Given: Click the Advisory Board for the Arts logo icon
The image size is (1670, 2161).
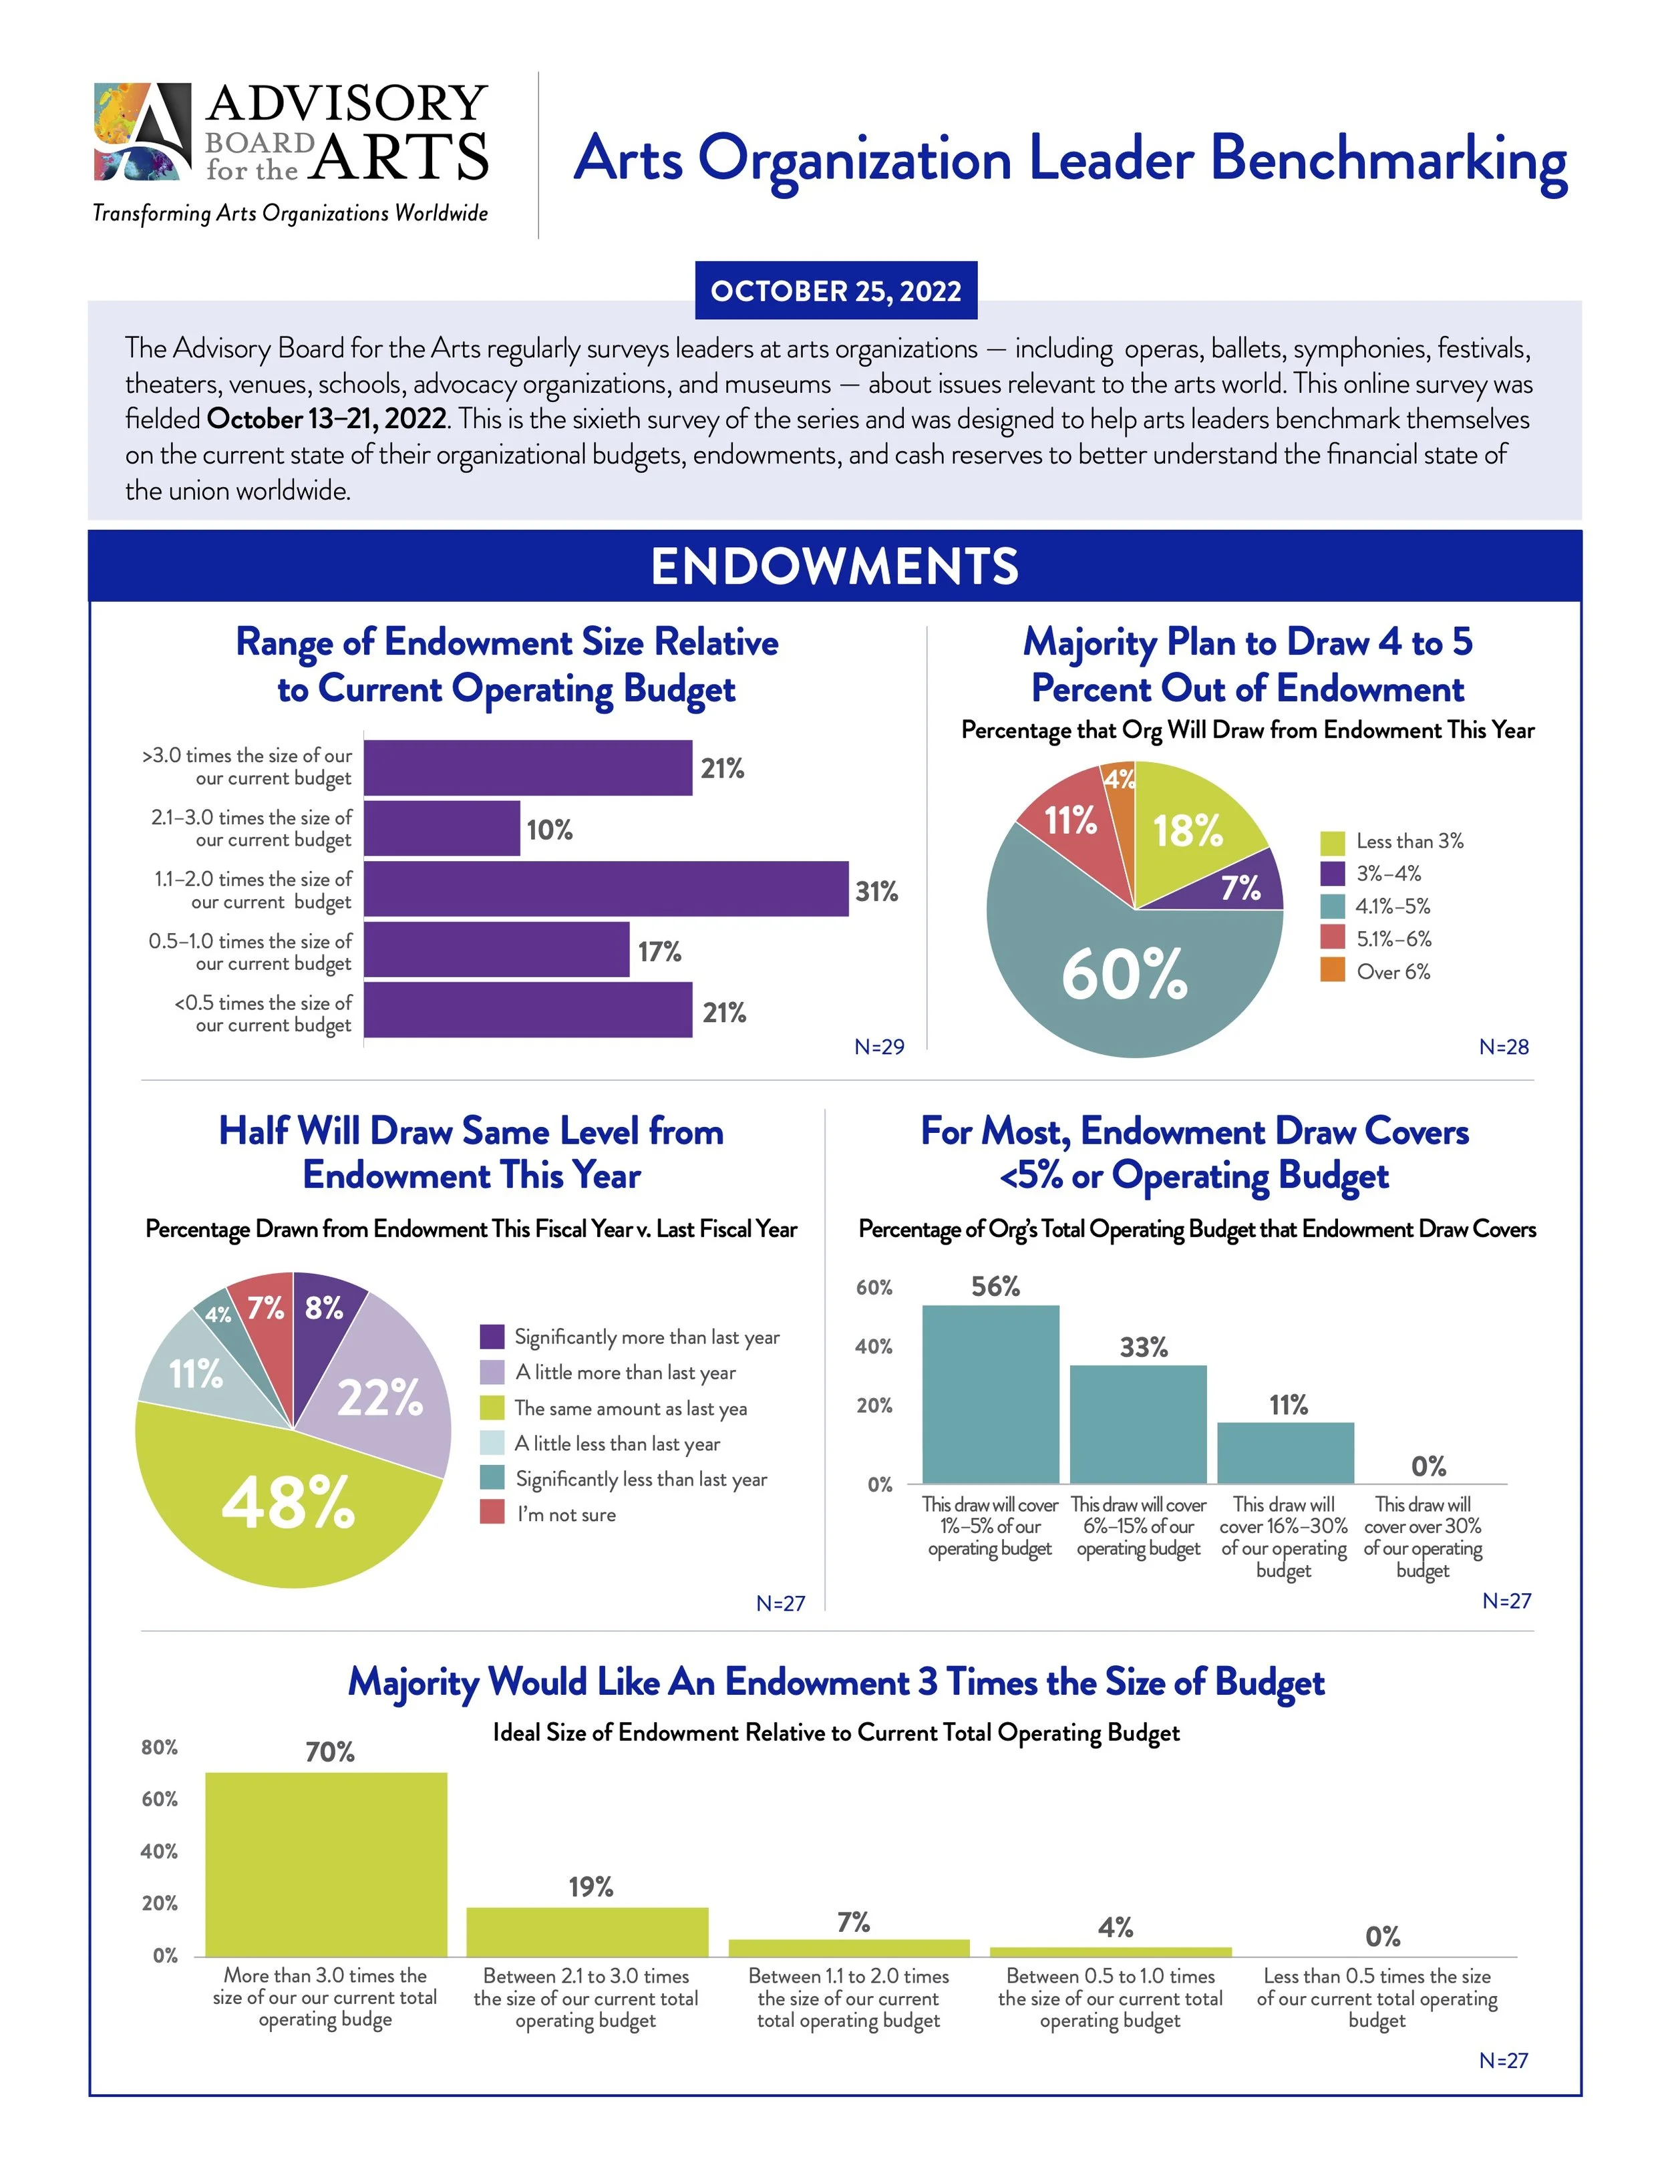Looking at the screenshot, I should tap(142, 132).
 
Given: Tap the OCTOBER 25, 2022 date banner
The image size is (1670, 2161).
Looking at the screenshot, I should tap(835, 291).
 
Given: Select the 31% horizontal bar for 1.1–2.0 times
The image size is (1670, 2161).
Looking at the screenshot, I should tap(605, 890).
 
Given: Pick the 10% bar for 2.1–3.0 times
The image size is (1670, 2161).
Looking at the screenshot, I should tap(442, 828).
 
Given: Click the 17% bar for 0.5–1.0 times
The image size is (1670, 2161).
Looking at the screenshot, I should tap(496, 950).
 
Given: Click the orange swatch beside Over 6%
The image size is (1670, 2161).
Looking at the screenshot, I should tap(1333, 971).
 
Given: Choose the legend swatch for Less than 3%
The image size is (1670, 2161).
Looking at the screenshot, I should tap(1333, 842).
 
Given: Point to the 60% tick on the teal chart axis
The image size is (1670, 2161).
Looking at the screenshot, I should tap(874, 1287).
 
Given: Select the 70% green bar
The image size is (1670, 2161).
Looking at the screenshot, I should tap(327, 1864).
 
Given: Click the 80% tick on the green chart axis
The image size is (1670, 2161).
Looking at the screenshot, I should tap(159, 1748).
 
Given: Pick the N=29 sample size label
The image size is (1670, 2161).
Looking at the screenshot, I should tap(878, 1047).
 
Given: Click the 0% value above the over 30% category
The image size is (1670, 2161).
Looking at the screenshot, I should tap(1428, 1466).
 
